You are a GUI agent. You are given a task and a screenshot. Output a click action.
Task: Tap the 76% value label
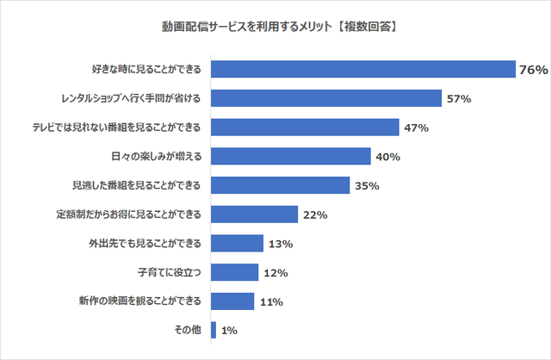click(533, 70)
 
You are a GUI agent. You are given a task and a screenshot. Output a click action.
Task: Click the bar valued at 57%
click(325, 99)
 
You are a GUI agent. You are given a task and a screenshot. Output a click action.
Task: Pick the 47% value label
click(416, 127)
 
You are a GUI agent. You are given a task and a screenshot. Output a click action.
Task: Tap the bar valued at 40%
click(290, 157)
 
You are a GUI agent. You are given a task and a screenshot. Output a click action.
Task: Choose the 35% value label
click(365, 186)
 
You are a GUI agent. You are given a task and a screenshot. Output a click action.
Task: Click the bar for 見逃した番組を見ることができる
click(280, 186)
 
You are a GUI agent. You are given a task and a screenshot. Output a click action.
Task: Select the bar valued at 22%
click(254, 214)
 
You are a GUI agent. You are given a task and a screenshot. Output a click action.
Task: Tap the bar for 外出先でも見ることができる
click(237, 244)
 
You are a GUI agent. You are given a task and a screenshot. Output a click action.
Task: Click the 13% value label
click(281, 244)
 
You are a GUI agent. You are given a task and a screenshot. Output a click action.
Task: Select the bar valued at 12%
click(234, 273)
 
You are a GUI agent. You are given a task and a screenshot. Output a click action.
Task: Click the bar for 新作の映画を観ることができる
click(232, 301)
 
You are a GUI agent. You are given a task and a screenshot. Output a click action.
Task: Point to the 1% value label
click(230, 331)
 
